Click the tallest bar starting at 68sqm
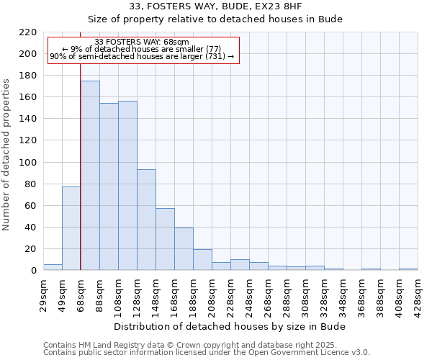(x=90, y=176)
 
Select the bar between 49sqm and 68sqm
(x=71, y=228)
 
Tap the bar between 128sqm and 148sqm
(x=146, y=220)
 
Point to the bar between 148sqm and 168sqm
(x=165, y=239)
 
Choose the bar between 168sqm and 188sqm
(x=184, y=249)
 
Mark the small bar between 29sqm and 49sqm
(x=53, y=267)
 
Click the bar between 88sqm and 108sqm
(x=109, y=186)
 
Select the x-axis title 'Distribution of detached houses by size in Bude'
(x=230, y=326)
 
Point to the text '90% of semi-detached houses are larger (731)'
(x=142, y=55)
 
